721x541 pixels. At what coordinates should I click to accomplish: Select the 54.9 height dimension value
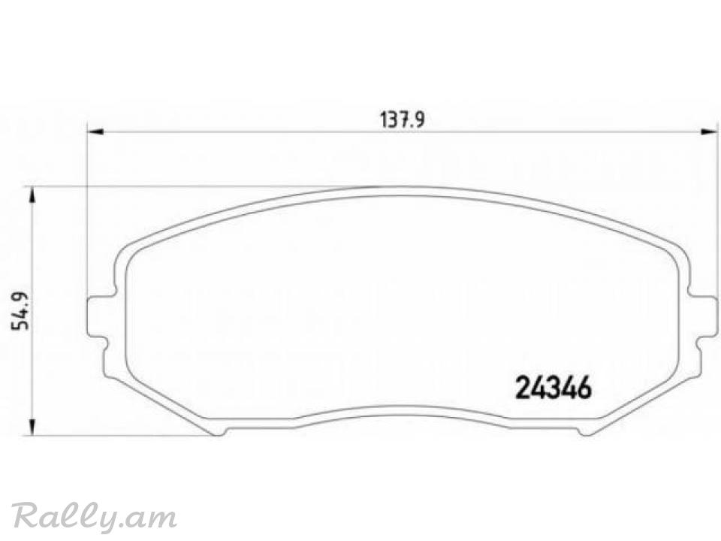20,310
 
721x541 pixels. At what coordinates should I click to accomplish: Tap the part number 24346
554,388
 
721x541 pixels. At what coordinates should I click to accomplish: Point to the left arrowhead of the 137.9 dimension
95,132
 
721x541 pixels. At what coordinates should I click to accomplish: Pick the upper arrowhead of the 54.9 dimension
32,195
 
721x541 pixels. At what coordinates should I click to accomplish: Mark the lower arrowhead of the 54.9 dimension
32,427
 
